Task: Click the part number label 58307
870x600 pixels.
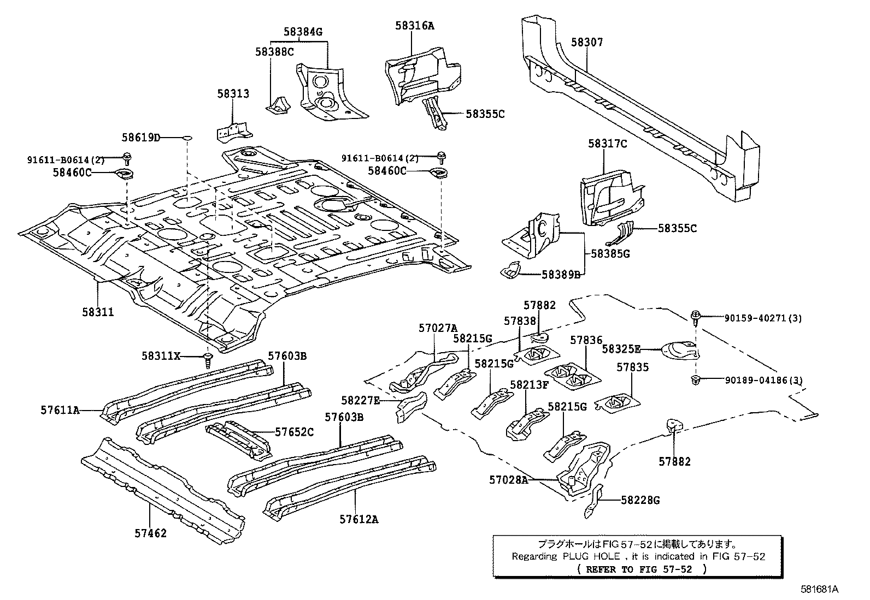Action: [x=587, y=42]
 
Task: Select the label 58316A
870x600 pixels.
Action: [x=414, y=25]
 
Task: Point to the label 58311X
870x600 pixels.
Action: [x=161, y=355]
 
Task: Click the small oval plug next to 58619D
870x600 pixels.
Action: [x=186, y=138]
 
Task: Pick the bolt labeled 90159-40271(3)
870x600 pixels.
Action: [x=697, y=315]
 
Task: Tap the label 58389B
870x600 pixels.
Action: [x=561, y=275]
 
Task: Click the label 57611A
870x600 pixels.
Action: [x=60, y=409]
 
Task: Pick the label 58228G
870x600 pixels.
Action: [x=640, y=500]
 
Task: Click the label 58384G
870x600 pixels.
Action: [x=303, y=32]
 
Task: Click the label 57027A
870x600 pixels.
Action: [x=438, y=328]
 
